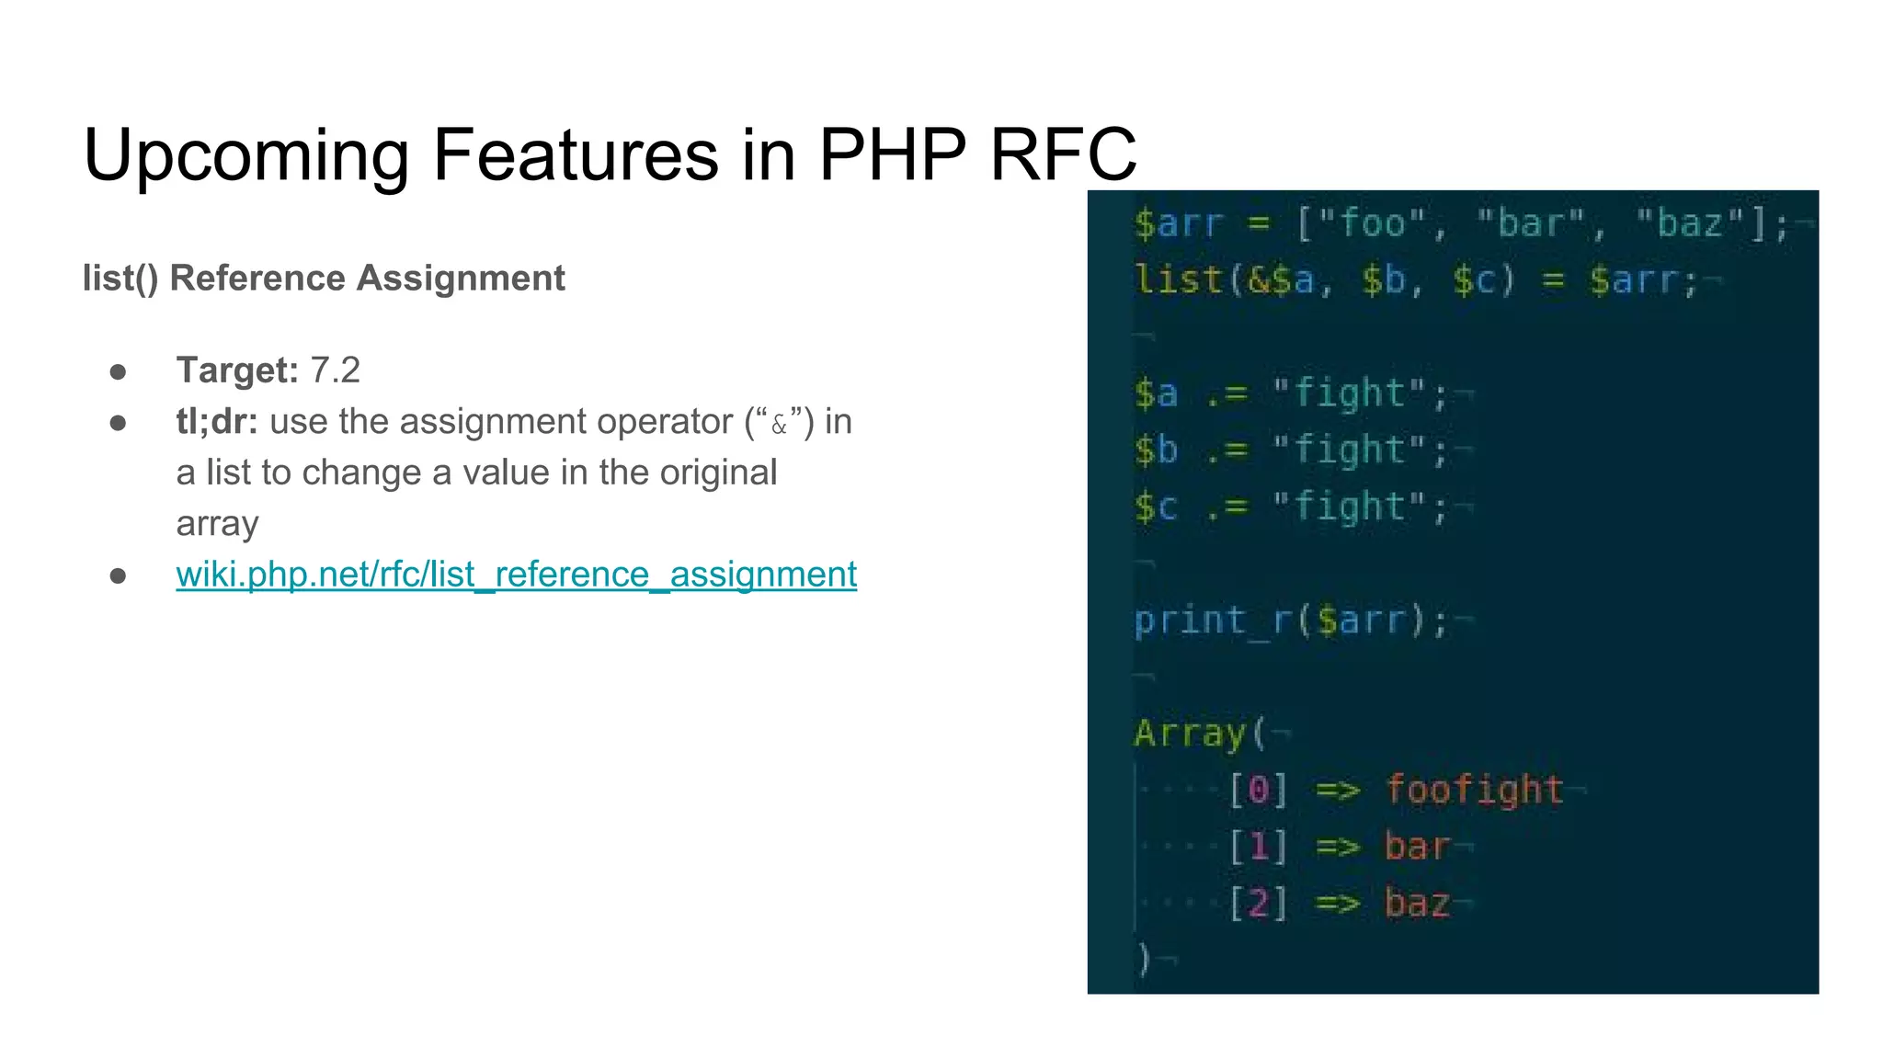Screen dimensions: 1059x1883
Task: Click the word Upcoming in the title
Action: (x=245, y=155)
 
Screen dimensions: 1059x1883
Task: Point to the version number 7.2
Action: (x=335, y=370)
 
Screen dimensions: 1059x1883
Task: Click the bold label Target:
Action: (x=237, y=370)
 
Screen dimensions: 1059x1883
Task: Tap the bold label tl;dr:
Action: (x=217, y=422)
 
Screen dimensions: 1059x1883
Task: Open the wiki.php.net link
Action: (x=516, y=575)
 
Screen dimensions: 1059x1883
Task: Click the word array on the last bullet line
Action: (x=217, y=523)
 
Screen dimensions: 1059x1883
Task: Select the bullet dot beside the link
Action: (x=118, y=575)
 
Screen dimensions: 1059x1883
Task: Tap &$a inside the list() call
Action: (x=1280, y=279)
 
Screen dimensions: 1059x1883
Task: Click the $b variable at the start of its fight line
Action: (x=1156, y=450)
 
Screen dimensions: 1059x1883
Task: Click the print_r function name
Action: (x=1212, y=621)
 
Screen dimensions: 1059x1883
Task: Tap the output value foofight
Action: (x=1474, y=790)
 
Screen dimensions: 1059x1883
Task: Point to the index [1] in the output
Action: (x=1259, y=847)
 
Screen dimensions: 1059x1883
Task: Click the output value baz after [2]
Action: (x=1417, y=904)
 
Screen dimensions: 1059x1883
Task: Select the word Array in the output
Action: (x=1190, y=734)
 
